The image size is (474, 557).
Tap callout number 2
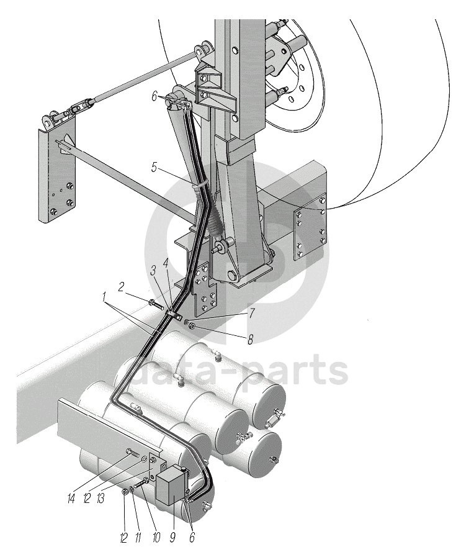pos(122,286)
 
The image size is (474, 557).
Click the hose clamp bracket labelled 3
pos(174,316)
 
